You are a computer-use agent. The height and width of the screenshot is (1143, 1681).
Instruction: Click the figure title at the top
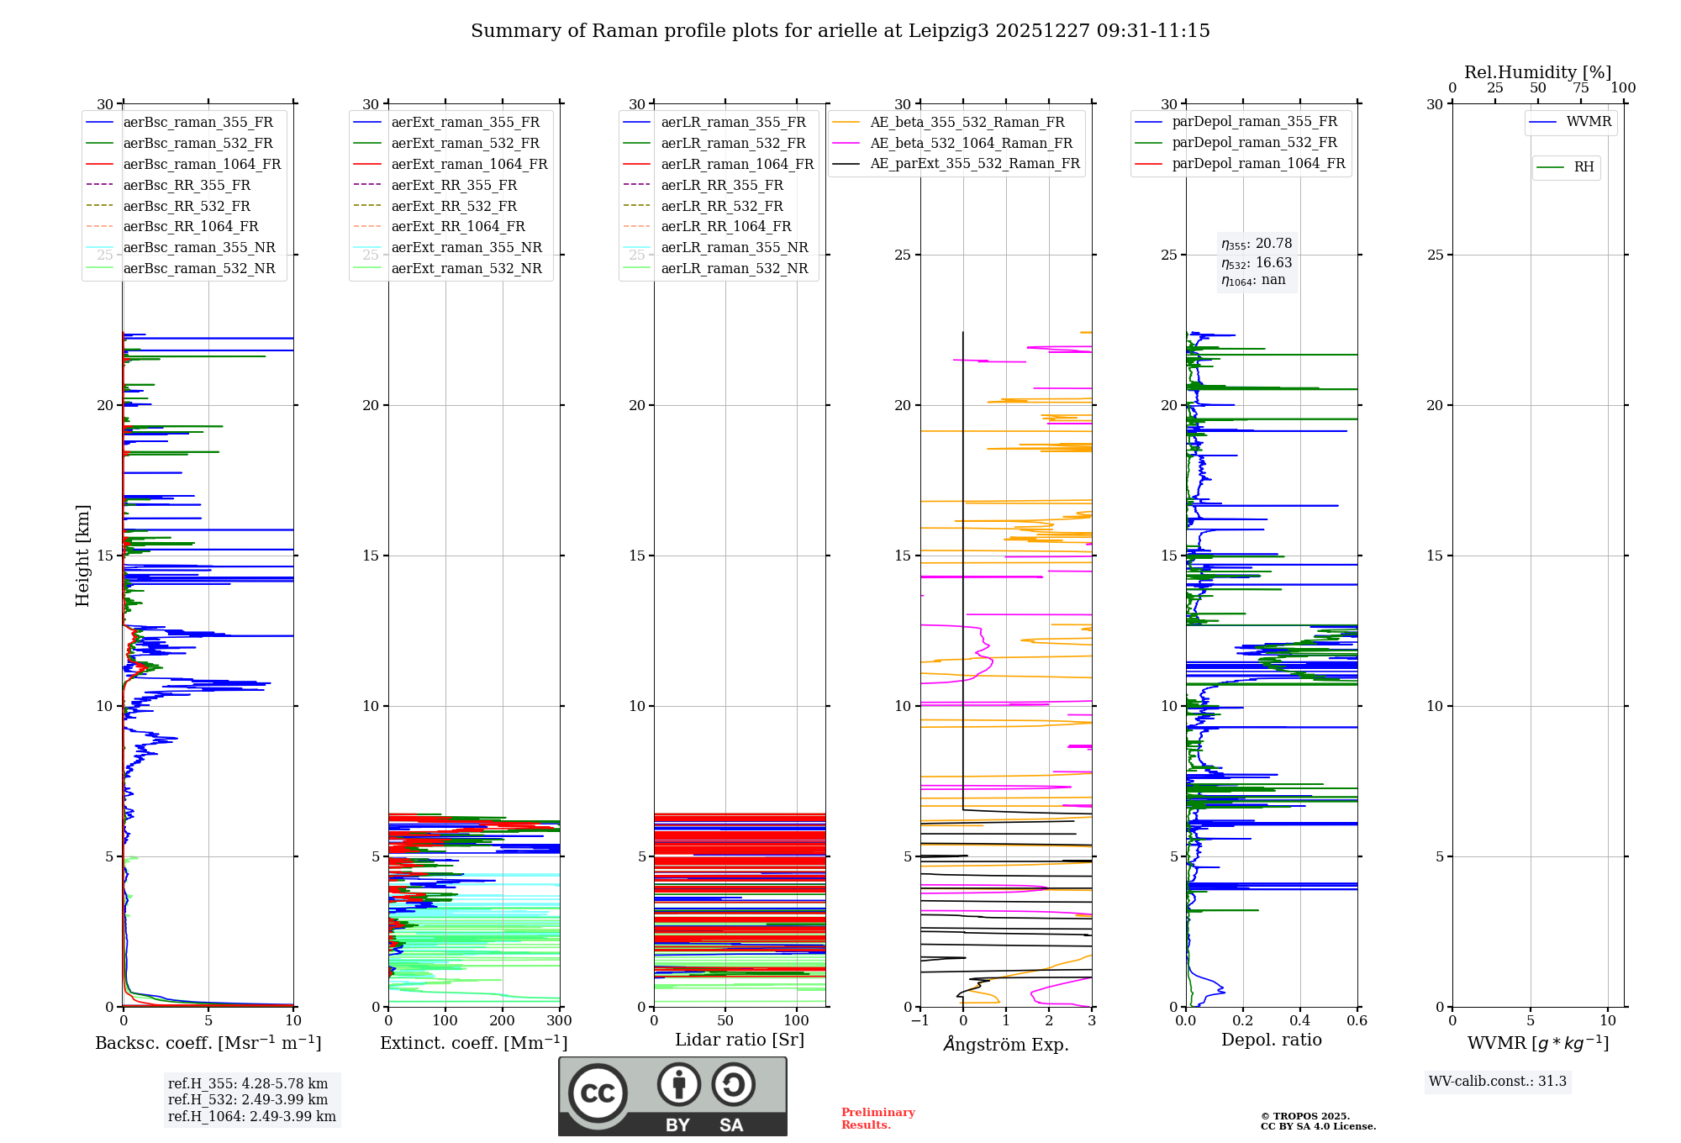pos(840,31)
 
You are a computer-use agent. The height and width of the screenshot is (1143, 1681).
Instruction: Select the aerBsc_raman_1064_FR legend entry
pos(202,164)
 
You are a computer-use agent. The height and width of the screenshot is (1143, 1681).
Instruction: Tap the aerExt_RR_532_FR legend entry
pos(454,206)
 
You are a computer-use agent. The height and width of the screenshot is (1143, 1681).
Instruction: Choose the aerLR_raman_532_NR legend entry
pos(734,269)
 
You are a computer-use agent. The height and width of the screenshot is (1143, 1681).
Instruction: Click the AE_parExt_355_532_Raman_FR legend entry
pos(974,164)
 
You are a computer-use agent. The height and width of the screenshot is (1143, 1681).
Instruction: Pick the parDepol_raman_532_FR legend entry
pos(1254,143)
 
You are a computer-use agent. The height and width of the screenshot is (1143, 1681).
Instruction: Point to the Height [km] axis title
pos(82,555)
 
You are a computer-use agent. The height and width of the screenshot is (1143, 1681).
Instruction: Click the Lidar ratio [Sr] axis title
pos(740,1040)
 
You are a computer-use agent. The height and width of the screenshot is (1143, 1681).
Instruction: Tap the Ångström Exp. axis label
pos(1006,1044)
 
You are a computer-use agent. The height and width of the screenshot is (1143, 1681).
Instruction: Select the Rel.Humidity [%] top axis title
pos(1537,72)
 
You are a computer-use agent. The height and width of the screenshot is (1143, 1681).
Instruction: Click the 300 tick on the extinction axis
pos(559,1021)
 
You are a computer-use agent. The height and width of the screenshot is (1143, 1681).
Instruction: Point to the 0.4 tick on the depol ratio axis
pos(1299,1021)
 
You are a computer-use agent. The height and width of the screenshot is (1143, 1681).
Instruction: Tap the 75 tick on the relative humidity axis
pos(1581,88)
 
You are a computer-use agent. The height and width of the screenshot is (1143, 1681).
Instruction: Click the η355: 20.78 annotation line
pos(1257,244)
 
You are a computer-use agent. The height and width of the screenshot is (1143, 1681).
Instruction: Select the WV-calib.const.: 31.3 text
pos(1497,1082)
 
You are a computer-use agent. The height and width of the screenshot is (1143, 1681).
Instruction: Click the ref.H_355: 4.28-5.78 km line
pos(248,1084)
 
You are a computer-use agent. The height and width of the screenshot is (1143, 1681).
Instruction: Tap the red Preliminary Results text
pos(877,1119)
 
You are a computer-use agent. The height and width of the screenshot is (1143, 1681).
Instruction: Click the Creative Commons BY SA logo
pos(672,1096)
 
